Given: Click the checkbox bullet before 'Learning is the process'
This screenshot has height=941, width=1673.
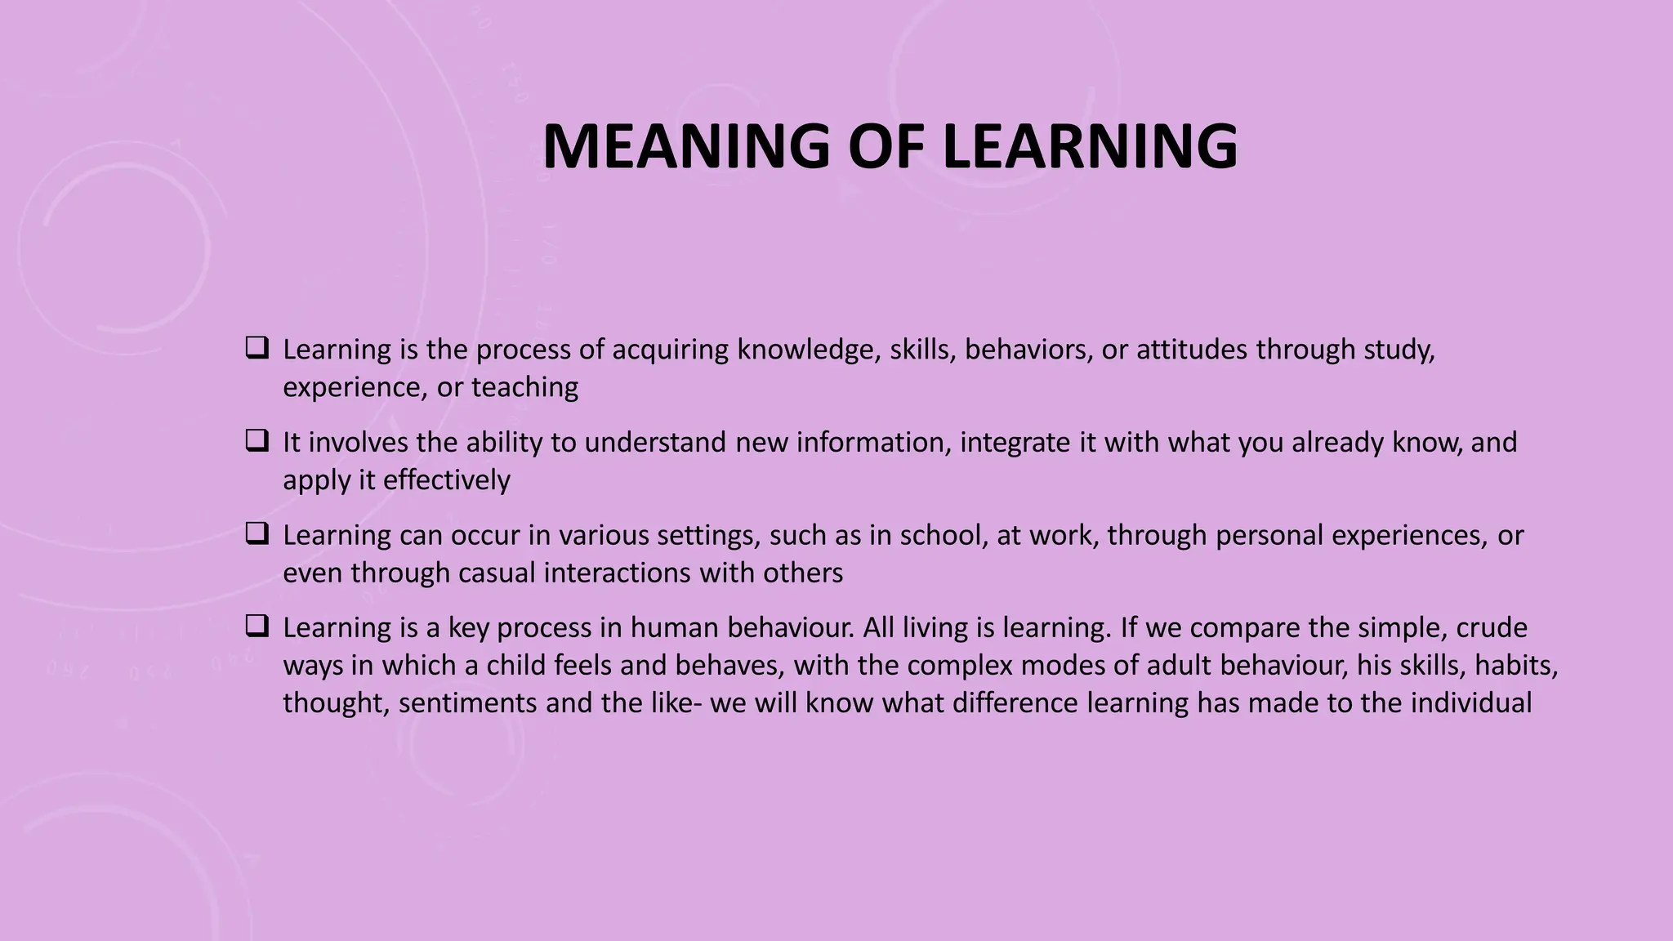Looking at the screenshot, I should tap(257, 349).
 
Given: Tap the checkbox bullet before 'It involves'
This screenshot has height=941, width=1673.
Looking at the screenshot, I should tap(257, 442).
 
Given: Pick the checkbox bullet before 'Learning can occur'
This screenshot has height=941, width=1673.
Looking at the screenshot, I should tap(257, 535).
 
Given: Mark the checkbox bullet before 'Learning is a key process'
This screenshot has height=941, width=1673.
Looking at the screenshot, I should tap(257, 627).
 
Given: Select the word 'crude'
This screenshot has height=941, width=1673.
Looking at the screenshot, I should tap(1492, 628).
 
